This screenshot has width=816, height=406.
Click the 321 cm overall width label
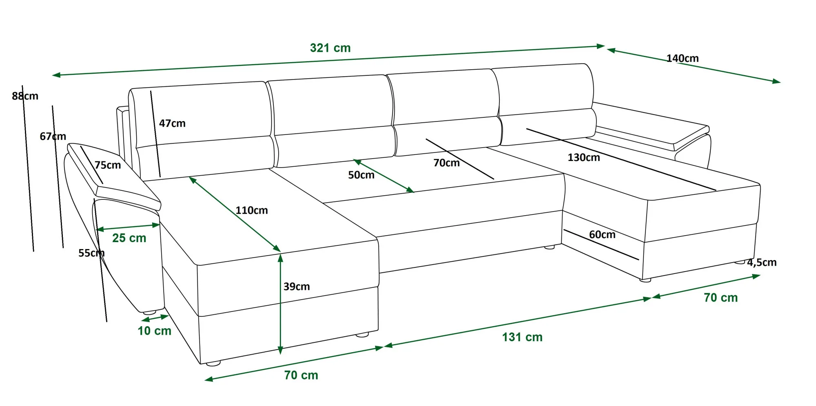330,48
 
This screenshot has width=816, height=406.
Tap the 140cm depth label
682,58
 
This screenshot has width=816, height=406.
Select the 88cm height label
25,96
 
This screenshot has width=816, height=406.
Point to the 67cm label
53,136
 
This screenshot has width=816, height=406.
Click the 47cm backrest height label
172,123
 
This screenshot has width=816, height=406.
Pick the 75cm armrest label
108,165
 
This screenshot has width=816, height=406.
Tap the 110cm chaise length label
252,210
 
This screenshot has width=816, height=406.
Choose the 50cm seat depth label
361,175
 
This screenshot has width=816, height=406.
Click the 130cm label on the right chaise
584,157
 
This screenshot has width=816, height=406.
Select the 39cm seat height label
297,287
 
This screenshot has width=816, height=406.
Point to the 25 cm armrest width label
129,238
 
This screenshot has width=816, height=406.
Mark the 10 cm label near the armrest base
155,331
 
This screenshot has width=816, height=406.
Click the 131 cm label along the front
522,337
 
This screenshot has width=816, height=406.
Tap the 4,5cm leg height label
762,263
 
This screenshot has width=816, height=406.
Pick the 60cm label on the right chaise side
602,234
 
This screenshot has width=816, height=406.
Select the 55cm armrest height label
91,253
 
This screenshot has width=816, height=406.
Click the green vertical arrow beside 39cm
280,304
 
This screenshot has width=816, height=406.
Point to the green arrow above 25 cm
128,227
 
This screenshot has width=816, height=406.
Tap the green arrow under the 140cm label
694,66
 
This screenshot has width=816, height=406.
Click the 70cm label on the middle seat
446,163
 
